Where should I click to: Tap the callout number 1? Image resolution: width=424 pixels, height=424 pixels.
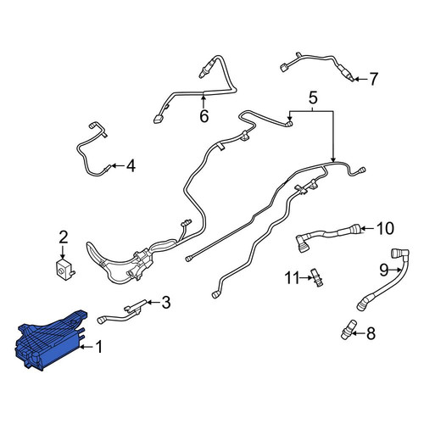pyautogui.click(x=99, y=347)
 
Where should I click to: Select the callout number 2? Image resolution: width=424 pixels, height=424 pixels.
pyautogui.click(x=64, y=237)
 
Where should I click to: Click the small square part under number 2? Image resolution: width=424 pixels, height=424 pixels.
pyautogui.click(x=65, y=268)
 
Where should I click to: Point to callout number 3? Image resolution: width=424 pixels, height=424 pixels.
pyautogui.click(x=165, y=302)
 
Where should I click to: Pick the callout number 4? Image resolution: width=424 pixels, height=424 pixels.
pyautogui.click(x=131, y=166)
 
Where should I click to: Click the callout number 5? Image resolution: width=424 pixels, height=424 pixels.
pyautogui.click(x=313, y=98)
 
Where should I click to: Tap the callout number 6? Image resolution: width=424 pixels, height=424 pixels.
pyautogui.click(x=204, y=116)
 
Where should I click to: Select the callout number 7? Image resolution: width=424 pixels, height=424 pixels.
pyautogui.click(x=373, y=79)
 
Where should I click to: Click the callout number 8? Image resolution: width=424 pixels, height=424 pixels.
pyautogui.click(x=371, y=333)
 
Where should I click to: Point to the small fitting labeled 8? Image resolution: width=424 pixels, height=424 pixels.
pyautogui.click(x=349, y=330)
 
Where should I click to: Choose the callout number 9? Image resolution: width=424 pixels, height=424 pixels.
pyautogui.click(x=384, y=271)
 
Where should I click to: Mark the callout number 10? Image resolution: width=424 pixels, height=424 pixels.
pyautogui.click(x=385, y=228)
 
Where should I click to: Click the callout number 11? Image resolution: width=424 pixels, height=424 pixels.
pyautogui.click(x=292, y=278)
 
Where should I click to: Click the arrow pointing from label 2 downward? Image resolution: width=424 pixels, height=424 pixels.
pyautogui.click(x=63, y=252)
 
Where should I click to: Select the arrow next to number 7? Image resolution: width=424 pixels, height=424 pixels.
pyautogui.click(x=360, y=79)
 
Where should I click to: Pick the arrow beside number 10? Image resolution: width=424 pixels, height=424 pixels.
pyautogui.click(x=368, y=228)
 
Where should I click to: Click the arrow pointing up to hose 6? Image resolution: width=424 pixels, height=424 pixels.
pyautogui.click(x=204, y=102)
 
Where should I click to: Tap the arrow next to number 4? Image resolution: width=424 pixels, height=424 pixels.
pyautogui.click(x=118, y=165)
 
